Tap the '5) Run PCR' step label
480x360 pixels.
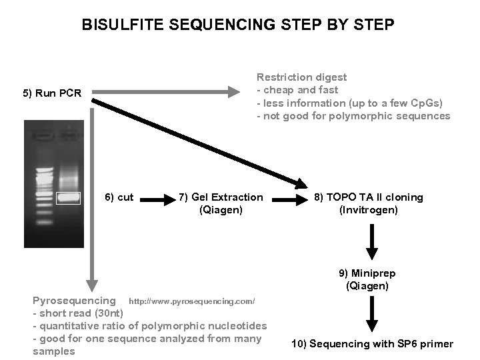tap(52, 93)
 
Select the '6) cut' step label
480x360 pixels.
tap(119, 197)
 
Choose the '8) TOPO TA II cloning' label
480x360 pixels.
tap(369, 197)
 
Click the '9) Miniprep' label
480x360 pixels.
tap(369, 273)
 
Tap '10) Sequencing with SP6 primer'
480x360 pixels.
tap(372, 344)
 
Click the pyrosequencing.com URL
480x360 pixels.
tap(192, 302)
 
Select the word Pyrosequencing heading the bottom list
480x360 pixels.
tap(73, 301)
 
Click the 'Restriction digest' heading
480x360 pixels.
tap(301, 77)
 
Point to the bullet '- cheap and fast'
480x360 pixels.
tap(297, 90)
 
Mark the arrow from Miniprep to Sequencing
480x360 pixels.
tap(372, 313)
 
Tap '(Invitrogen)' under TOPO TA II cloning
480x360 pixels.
tap(369, 210)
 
